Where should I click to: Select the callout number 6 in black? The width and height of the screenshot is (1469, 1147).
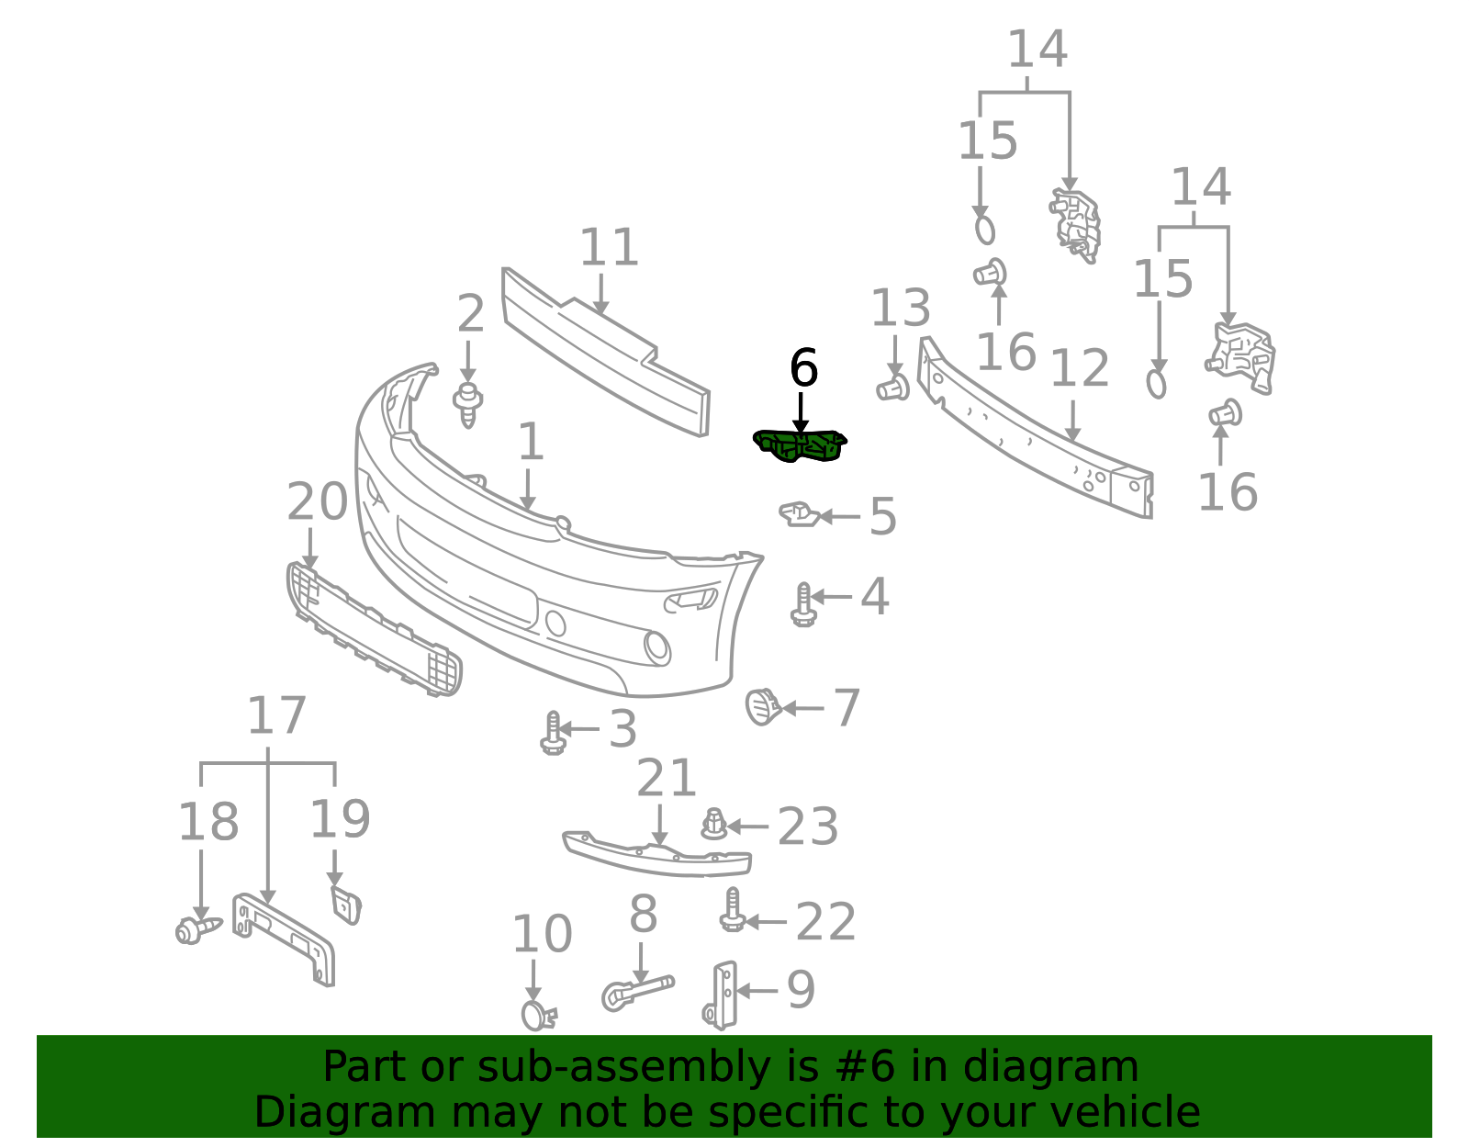tap(803, 368)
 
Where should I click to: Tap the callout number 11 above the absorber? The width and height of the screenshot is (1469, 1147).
tap(609, 247)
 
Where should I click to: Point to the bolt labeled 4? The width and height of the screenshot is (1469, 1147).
tap(803, 604)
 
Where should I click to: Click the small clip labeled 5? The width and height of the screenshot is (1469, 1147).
tap(799, 514)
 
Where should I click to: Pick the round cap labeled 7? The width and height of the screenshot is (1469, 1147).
tap(763, 707)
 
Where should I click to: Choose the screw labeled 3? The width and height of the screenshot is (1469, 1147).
tap(553, 734)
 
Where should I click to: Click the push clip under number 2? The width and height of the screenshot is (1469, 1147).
tap(468, 405)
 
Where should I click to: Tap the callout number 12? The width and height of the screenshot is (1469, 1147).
tap(1080, 369)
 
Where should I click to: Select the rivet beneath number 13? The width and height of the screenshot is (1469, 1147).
tap(893, 388)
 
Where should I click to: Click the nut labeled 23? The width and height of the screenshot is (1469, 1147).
tap(714, 824)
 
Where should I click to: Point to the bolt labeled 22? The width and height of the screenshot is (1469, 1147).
tap(733, 910)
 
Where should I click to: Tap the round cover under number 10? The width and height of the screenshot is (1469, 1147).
tap(537, 1015)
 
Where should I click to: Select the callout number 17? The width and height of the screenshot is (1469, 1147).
tap(277, 715)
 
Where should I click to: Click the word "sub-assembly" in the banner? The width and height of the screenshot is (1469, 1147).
tap(623, 1066)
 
